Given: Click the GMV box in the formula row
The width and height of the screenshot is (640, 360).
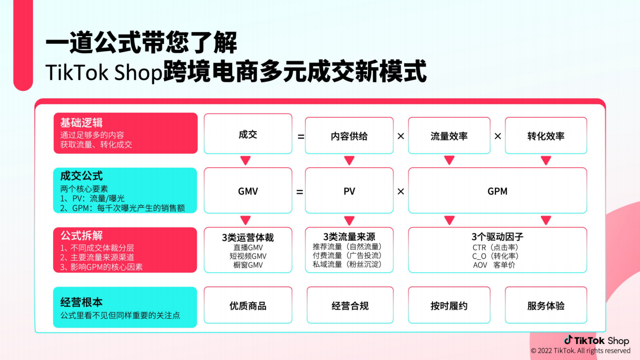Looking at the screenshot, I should click(x=248, y=191).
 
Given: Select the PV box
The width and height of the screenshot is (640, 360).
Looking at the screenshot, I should click(x=349, y=191).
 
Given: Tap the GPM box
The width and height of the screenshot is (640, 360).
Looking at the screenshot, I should click(x=497, y=191).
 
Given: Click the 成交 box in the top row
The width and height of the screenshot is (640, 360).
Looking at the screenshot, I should click(x=248, y=135).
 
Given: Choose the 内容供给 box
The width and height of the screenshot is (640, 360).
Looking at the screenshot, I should click(x=349, y=136).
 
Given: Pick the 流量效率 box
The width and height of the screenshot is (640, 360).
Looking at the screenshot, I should click(x=449, y=136).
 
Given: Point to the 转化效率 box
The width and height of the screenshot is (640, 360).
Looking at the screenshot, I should click(x=546, y=136).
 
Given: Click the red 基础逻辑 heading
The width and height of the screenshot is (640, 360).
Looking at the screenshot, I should click(x=82, y=123).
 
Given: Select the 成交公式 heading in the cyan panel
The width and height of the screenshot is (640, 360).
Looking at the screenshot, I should click(x=82, y=176).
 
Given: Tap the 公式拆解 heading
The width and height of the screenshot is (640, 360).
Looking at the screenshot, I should click(x=82, y=236).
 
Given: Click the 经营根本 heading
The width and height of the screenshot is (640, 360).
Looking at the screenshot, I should click(x=82, y=302).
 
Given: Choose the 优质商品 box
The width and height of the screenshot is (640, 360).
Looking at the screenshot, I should click(x=248, y=306).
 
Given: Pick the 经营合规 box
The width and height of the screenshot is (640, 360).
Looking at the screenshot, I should click(x=350, y=306).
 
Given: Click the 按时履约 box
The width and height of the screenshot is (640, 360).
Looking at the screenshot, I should click(x=449, y=306).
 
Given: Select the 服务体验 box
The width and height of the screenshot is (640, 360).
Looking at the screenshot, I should click(x=546, y=306).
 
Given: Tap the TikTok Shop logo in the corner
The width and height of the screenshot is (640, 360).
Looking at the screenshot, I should click(x=597, y=340).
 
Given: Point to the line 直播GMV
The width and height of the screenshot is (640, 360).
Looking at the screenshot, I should click(x=248, y=247).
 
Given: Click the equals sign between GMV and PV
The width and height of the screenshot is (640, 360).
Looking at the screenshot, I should click(x=299, y=192).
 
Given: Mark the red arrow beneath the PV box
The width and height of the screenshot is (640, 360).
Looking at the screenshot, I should click(x=349, y=221).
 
